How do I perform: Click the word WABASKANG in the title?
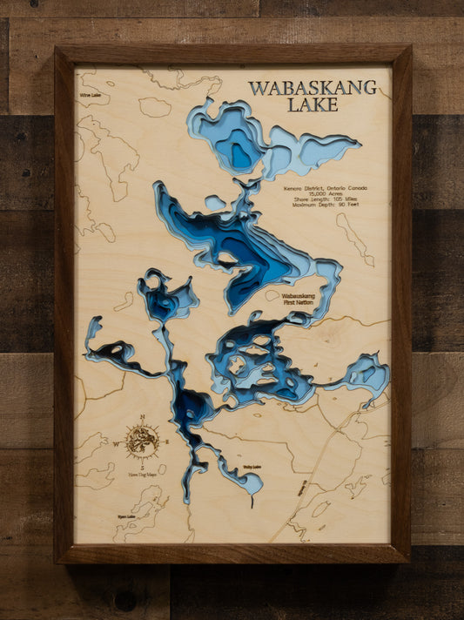(x=313, y=88)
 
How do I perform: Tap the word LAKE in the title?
(x=313, y=105)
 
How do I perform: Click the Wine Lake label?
(x=90, y=95)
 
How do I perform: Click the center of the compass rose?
(x=141, y=441)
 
